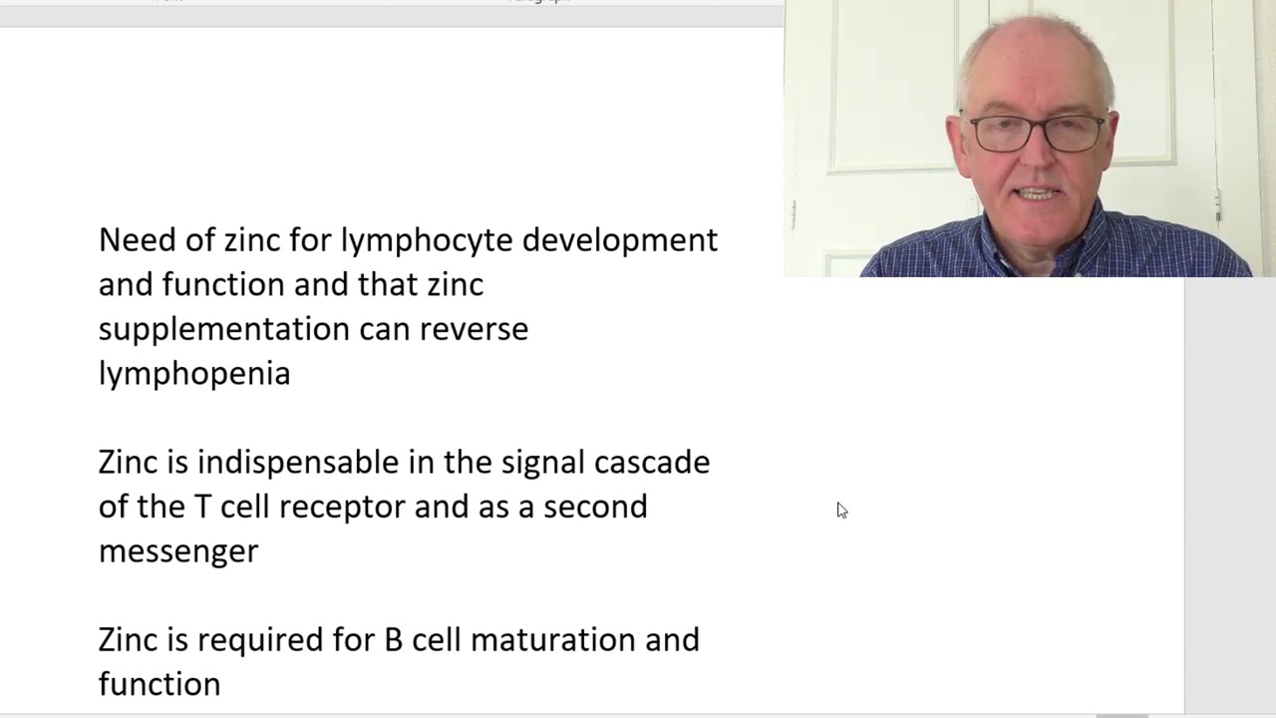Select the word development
pos(620,241)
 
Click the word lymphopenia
pos(194,375)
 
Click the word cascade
pos(652,463)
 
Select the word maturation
pos(553,640)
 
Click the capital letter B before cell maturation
pos(394,640)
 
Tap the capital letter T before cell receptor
pos(202,508)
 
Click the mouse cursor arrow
pos(842,511)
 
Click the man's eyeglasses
pos(1036,134)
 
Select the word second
pos(595,508)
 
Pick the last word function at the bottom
pos(159,684)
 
